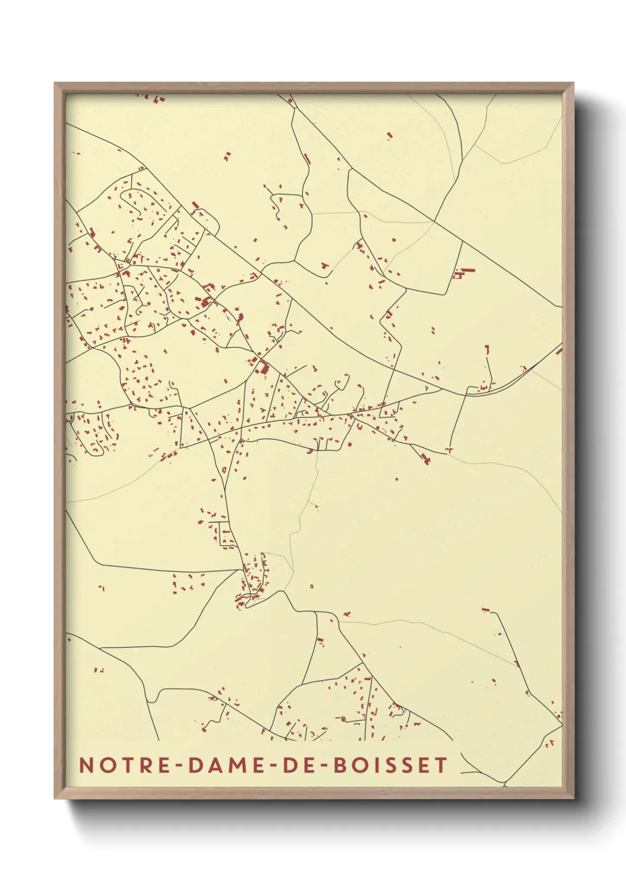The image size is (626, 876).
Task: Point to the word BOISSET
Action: (x=391, y=765)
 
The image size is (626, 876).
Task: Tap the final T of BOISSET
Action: (x=441, y=765)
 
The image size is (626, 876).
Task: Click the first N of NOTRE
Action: (x=86, y=765)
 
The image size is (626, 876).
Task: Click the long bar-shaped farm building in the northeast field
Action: (x=467, y=270)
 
